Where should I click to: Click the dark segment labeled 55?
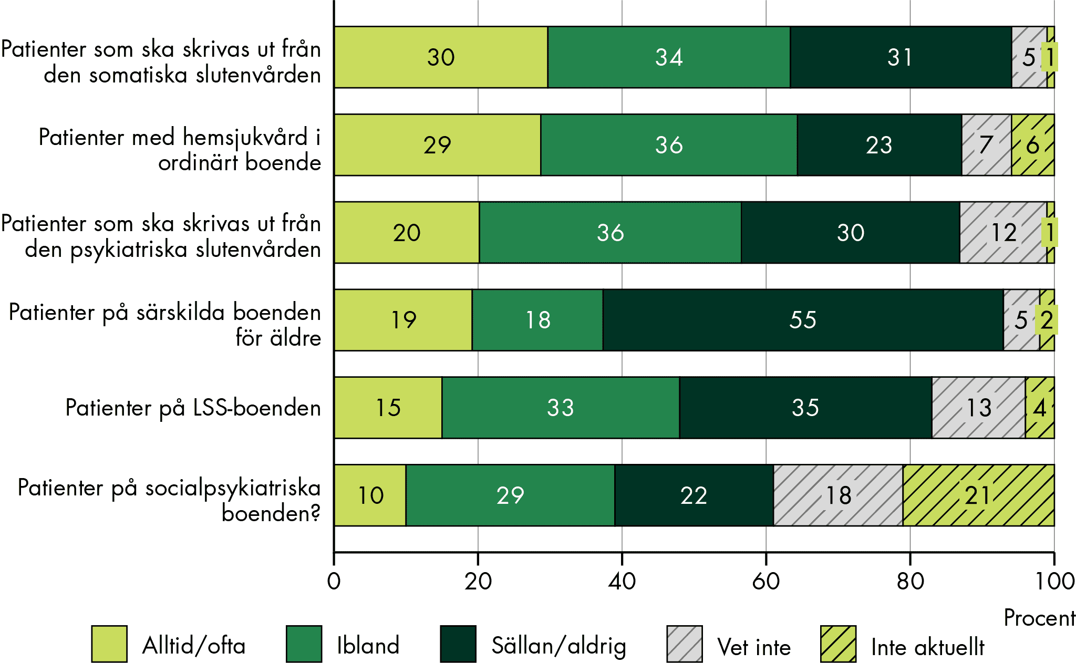[803, 320]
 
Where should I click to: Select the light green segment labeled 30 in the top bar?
[440, 57]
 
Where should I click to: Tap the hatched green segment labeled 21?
[978, 495]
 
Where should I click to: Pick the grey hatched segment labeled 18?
[838, 495]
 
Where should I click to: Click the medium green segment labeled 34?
[668, 57]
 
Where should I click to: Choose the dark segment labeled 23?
[879, 145]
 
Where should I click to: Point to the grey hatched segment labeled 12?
[1002, 232]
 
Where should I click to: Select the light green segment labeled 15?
[388, 408]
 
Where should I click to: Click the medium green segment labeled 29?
[510, 495]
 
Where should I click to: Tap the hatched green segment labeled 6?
[1032, 145]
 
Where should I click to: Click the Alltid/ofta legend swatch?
[109, 644]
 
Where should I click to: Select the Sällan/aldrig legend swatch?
[458, 644]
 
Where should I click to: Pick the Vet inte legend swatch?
[684, 644]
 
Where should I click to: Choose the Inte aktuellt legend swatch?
[838, 644]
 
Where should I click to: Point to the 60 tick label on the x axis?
[765, 582]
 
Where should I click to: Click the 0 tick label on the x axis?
[334, 582]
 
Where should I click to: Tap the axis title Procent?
[1039, 618]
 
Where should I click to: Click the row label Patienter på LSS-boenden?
[193, 408]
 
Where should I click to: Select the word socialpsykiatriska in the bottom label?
[233, 488]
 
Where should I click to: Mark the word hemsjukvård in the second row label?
[245, 138]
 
